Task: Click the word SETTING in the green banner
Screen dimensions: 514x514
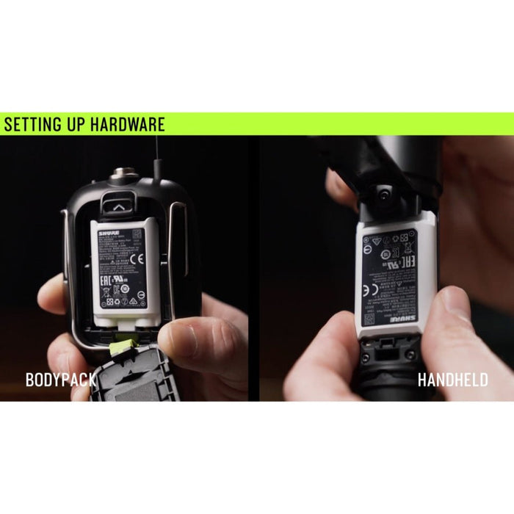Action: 32,124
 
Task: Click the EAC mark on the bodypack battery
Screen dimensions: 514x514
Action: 104,279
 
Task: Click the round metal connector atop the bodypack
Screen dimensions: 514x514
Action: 120,176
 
